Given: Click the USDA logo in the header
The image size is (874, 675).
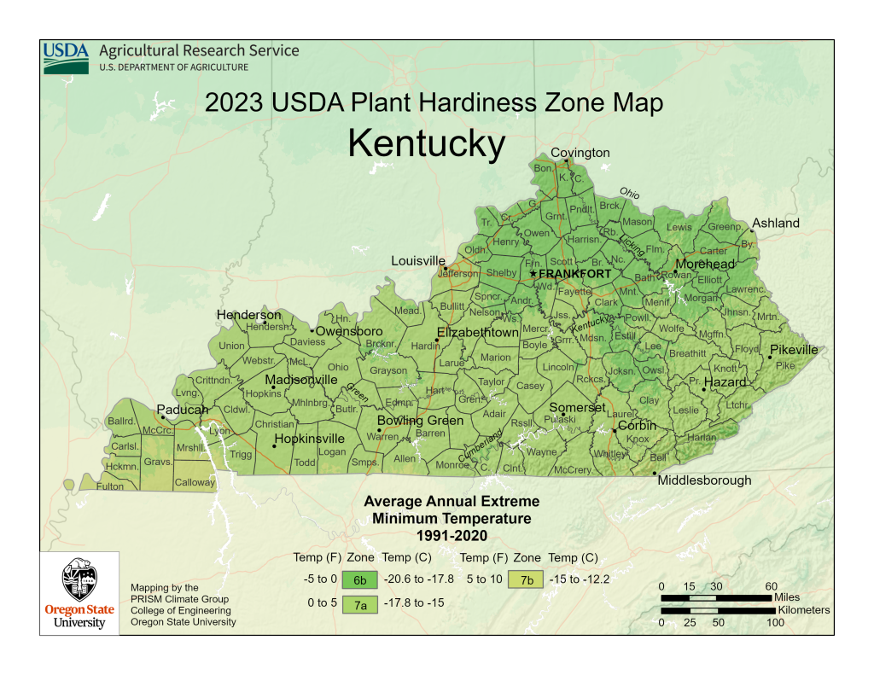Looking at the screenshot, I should point(66,57).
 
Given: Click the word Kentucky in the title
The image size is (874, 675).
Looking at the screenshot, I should point(427,144).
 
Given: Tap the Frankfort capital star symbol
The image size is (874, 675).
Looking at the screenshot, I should point(533,274).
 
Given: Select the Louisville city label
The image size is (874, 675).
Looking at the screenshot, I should point(418,260).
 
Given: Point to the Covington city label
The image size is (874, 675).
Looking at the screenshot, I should point(580,153).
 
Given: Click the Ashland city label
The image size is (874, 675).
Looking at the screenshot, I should point(776,224).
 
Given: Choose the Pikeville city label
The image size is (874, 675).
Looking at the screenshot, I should point(794,350).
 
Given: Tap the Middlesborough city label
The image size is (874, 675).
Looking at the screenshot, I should point(704,480).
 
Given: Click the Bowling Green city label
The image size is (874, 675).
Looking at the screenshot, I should point(421,421).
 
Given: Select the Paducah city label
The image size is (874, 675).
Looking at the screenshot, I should point(182,410).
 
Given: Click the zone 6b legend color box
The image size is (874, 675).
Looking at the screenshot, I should point(360,580).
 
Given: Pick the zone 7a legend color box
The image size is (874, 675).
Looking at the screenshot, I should point(360,603).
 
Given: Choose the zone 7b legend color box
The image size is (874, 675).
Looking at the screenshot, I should point(527,580).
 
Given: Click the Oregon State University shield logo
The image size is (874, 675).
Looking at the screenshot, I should point(79,582).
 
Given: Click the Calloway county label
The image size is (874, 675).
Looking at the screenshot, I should point(195,483).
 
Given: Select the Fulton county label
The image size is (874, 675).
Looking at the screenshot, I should point(109,486).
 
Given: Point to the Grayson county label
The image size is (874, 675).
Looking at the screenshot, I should point(388,371).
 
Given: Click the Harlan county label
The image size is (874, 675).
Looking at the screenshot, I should point(702,438).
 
